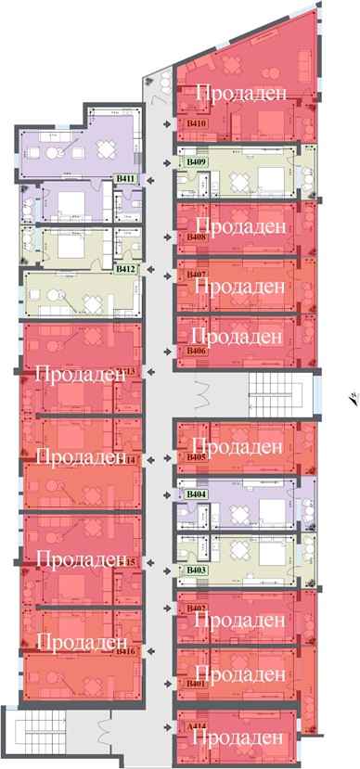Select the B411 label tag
point(125,179)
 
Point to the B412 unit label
point(125,269)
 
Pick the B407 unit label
point(196,276)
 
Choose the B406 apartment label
point(196,351)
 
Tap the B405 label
point(196,457)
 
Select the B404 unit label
point(196,495)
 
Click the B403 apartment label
point(196,570)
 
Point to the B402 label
point(196,608)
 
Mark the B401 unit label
point(196,684)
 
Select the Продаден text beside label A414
point(239,737)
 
